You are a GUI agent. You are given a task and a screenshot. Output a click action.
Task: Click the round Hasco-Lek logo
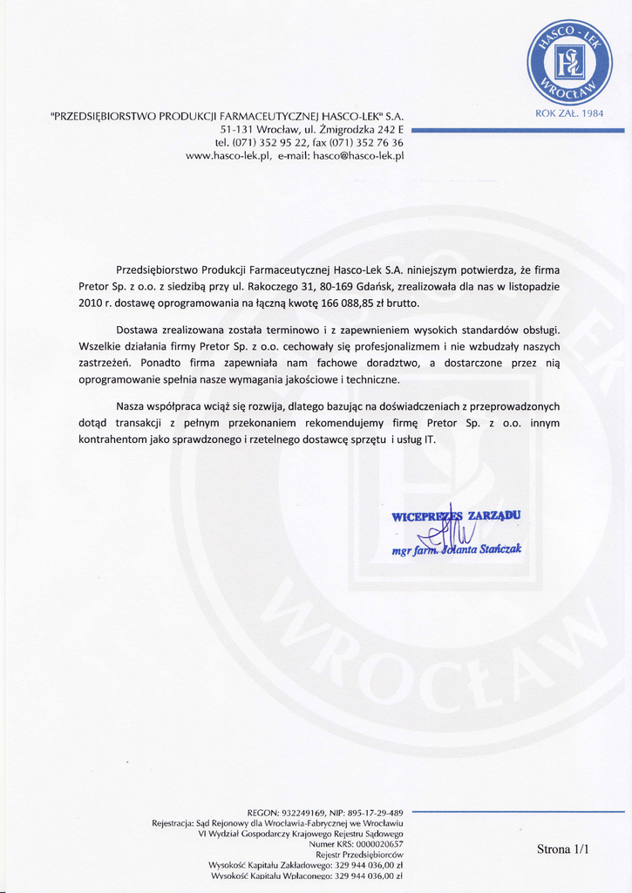[x=569, y=62]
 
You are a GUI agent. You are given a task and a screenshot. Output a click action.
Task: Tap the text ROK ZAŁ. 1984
[x=569, y=112]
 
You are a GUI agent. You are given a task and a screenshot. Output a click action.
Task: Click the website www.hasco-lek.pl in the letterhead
[x=228, y=156]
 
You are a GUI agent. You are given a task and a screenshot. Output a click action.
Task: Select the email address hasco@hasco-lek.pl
[x=358, y=156]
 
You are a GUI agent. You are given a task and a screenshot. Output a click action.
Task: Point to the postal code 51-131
[x=236, y=129]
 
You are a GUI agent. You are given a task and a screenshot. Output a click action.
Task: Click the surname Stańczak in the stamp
[x=499, y=549]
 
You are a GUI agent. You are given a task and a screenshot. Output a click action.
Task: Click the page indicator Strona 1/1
[x=562, y=849]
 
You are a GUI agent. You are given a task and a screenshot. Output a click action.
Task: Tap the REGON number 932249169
[x=302, y=812]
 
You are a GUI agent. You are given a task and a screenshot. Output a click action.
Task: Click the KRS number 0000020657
[x=373, y=843]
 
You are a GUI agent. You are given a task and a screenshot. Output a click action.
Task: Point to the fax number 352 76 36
[x=380, y=142]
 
